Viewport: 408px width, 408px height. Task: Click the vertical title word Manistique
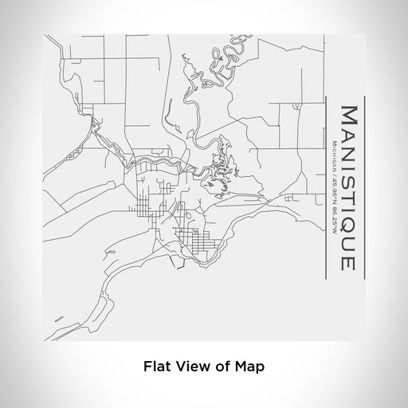coord(348,188)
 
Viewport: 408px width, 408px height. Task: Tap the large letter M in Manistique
coord(348,112)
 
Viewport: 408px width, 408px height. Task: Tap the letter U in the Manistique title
coord(348,247)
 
